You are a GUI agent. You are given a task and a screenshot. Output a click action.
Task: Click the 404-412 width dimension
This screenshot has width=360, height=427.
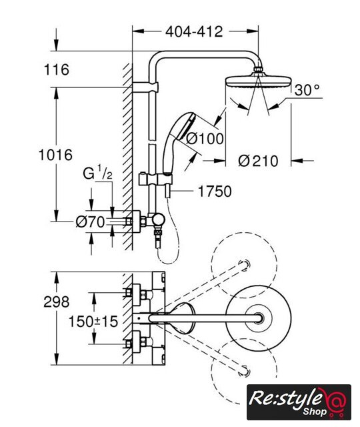pyautogui.click(x=194, y=32)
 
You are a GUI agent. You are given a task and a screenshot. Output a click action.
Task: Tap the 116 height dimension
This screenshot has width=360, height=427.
pyautogui.click(x=57, y=69)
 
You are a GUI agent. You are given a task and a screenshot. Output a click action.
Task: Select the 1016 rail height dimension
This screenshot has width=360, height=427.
pyautogui.click(x=55, y=155)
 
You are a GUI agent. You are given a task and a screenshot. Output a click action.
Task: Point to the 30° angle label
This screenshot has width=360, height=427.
pyautogui.click(x=307, y=89)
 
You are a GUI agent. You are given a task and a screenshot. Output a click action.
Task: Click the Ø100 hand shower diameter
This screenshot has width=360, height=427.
pyautogui.click(x=205, y=138)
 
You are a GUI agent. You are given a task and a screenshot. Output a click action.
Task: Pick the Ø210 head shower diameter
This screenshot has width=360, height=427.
pyautogui.click(x=258, y=161)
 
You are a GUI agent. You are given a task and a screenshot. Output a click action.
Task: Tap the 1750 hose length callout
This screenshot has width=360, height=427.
pyautogui.click(x=215, y=191)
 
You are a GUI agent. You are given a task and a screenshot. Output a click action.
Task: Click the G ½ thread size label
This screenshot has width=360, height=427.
pyautogui.click(x=97, y=173)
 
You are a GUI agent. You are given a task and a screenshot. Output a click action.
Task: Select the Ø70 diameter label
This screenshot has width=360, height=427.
pyautogui.click(x=90, y=222)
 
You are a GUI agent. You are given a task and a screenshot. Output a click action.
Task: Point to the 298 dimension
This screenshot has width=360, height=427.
pyautogui.click(x=57, y=302)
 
